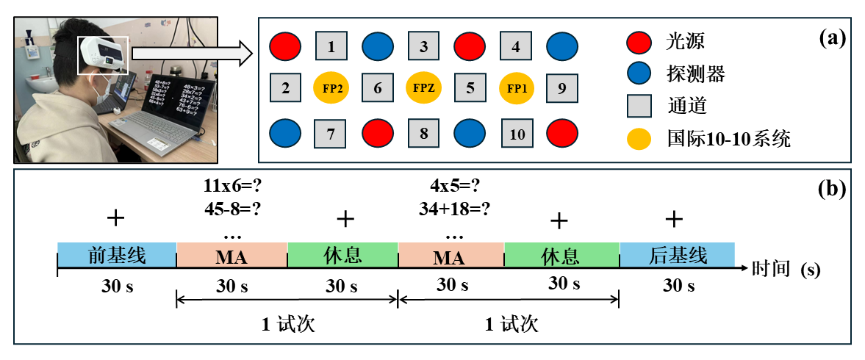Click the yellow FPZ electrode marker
point(424,88)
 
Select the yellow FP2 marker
point(331,88)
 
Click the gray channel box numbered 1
point(331,47)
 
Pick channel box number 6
point(378,88)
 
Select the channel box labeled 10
point(517,134)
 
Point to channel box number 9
point(562,88)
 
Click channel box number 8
point(424,134)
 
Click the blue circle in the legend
point(639,73)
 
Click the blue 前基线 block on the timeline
point(117,256)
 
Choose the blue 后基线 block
point(677,256)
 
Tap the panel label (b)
point(831,188)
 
